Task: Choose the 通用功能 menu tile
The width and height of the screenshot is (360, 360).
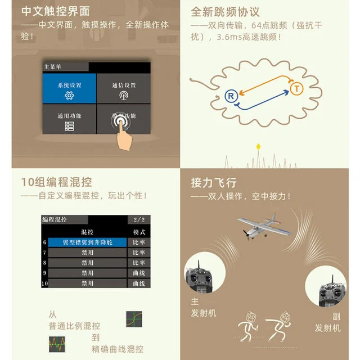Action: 69,120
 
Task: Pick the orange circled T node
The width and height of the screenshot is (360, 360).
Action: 296,88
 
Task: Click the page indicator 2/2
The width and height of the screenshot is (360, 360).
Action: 139,219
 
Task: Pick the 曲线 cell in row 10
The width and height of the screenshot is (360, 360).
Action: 139,283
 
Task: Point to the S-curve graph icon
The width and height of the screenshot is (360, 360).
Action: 134,319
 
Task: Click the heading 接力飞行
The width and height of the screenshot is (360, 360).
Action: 214,182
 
